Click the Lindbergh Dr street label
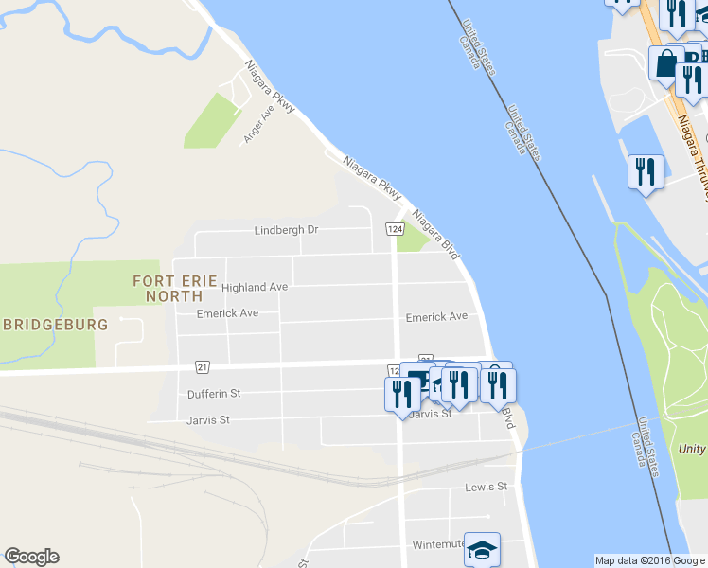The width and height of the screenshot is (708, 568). (x=286, y=230)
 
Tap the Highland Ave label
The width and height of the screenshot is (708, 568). (x=255, y=287)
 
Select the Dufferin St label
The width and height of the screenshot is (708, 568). (x=215, y=393)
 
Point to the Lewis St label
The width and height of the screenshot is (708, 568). (x=487, y=488)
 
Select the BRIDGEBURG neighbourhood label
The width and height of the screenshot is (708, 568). (x=54, y=324)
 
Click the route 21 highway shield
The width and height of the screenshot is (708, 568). (x=203, y=366)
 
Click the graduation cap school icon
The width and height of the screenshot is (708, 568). (x=482, y=550)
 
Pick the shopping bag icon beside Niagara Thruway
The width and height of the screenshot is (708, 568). (x=665, y=64)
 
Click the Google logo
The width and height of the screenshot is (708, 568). (x=31, y=557)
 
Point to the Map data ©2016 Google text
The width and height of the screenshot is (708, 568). (x=650, y=560)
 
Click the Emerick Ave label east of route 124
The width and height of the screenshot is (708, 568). (x=436, y=317)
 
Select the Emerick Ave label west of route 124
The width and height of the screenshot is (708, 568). (x=227, y=313)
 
